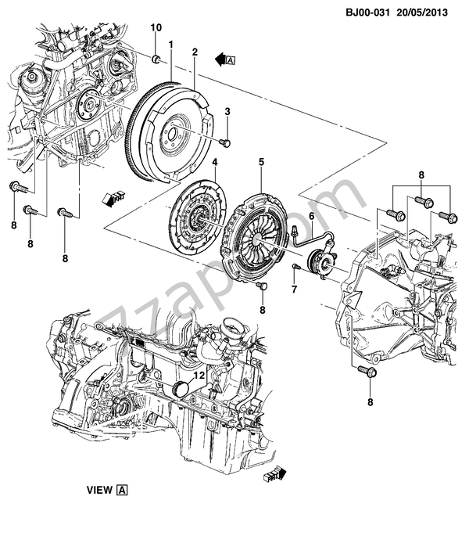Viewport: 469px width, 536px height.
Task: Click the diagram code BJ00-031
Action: pos(367,13)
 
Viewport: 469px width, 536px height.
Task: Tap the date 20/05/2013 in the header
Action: pos(422,13)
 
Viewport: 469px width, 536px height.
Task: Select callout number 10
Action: pos(156,27)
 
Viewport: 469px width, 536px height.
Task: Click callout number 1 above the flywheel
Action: pos(170,45)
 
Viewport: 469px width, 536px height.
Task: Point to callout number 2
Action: pos(195,52)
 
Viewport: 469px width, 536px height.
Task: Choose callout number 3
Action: pos(227,111)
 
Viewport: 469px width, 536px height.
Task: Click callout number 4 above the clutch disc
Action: pos(215,162)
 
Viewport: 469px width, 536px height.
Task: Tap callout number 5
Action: pos(261,162)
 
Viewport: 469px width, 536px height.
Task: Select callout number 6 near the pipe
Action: pos(311,217)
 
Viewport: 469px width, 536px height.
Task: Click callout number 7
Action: pos(294,290)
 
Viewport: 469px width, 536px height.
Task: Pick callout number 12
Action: pos(199,376)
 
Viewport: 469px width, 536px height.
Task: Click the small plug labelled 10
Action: pos(156,59)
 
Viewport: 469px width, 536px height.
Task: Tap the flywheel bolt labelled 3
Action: pos(225,143)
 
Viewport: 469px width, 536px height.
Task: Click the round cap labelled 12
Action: pos(179,390)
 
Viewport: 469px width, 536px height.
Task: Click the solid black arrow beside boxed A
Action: pos(220,59)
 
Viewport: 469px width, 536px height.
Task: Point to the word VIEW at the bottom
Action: pos(99,490)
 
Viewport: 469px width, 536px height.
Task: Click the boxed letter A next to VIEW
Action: pos(122,490)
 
